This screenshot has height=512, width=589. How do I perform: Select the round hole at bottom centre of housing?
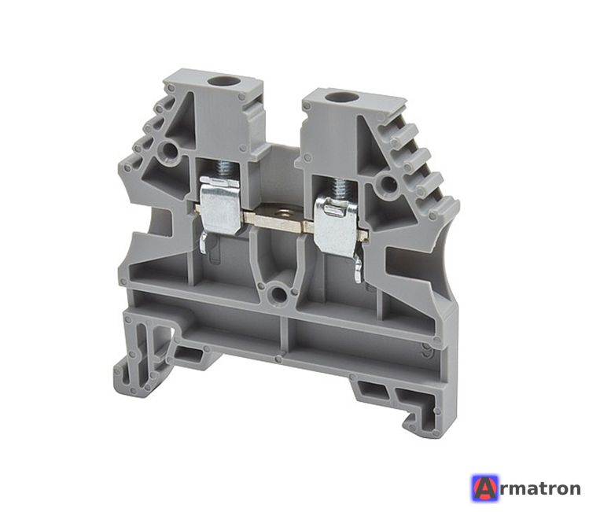tap(278, 295)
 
